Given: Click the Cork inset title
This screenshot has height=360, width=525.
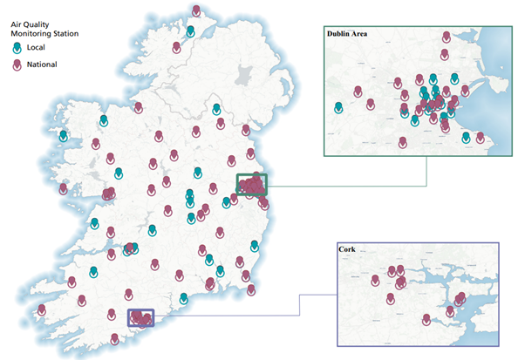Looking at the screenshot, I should click(x=350, y=250).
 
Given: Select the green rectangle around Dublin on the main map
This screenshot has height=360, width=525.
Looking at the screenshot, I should click(x=252, y=185).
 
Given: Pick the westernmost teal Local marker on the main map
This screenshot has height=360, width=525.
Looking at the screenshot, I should click(x=63, y=136).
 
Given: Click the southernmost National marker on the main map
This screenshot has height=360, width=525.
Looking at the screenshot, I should click(x=112, y=341).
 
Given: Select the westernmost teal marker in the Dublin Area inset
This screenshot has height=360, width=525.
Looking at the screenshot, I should click(x=339, y=108).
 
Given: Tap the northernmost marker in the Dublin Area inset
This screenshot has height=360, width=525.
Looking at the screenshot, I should click(x=447, y=37).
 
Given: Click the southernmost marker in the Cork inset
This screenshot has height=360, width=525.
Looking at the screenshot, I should click(x=426, y=319).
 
